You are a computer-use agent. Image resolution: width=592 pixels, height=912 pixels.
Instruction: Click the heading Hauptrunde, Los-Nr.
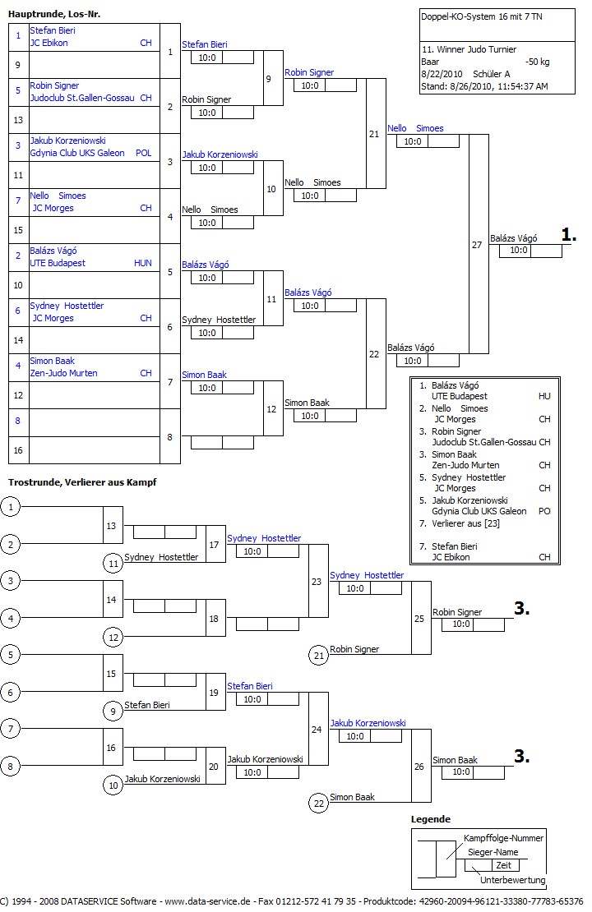[x=54, y=14]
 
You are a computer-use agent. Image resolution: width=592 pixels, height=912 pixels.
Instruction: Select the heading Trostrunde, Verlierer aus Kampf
[x=82, y=481]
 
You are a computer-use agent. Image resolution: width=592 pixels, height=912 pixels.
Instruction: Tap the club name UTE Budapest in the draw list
[x=58, y=263]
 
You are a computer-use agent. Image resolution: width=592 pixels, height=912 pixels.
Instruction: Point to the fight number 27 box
[x=478, y=245]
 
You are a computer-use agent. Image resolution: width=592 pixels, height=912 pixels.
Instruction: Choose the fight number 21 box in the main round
[x=375, y=134]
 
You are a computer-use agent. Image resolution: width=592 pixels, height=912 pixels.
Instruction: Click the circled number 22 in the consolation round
[x=319, y=804]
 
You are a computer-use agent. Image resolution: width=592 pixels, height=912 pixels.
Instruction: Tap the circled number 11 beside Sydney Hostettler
[x=113, y=564]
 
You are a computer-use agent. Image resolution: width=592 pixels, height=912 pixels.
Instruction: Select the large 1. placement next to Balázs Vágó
[x=569, y=235]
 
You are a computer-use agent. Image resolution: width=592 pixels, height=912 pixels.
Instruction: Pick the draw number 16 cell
[x=18, y=450]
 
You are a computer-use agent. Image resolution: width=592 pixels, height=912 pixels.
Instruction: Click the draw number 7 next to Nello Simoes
[x=18, y=201]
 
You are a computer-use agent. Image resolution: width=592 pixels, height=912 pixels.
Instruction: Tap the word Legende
[x=431, y=819]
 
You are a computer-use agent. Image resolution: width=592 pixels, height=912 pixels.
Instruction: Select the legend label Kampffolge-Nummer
[x=503, y=838]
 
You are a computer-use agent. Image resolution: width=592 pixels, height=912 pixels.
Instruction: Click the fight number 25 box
[x=420, y=618]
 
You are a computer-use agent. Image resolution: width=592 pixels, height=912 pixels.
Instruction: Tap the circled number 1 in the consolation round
[x=11, y=507]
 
